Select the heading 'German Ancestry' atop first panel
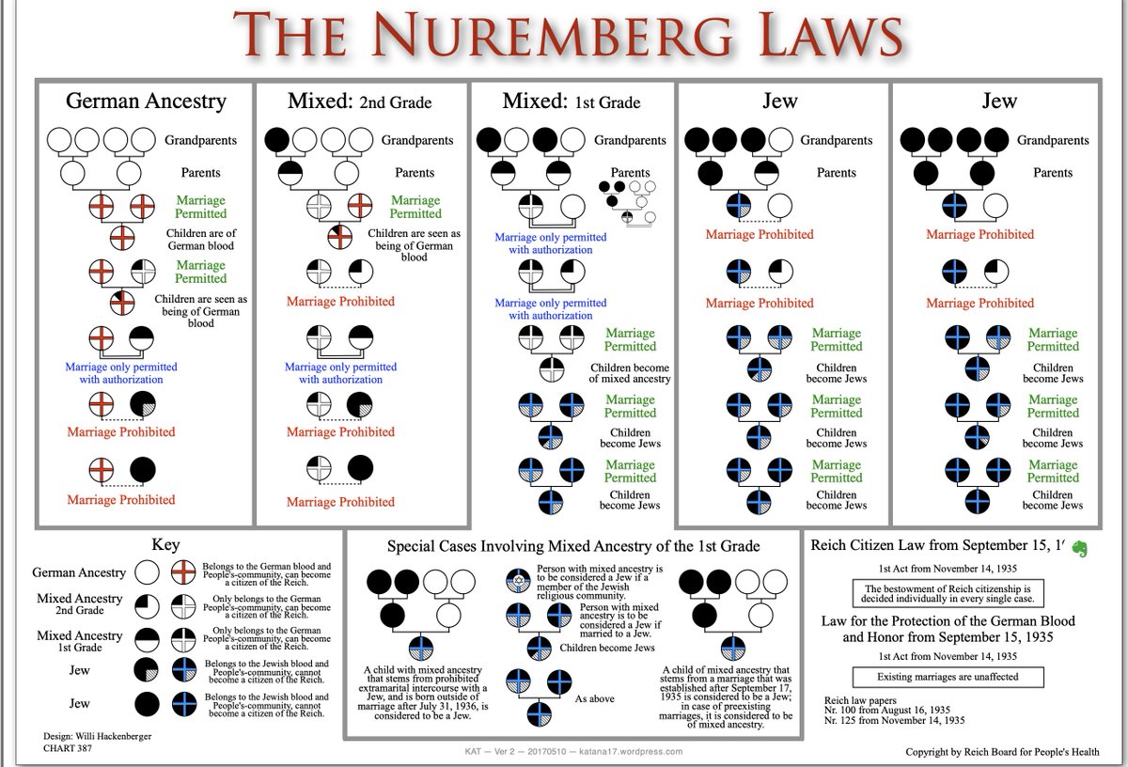(x=145, y=101)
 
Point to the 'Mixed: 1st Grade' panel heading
(x=572, y=101)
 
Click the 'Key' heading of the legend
(x=165, y=545)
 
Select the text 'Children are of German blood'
(x=200, y=240)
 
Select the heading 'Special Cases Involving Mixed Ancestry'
(x=573, y=546)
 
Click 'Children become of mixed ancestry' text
(x=630, y=373)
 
